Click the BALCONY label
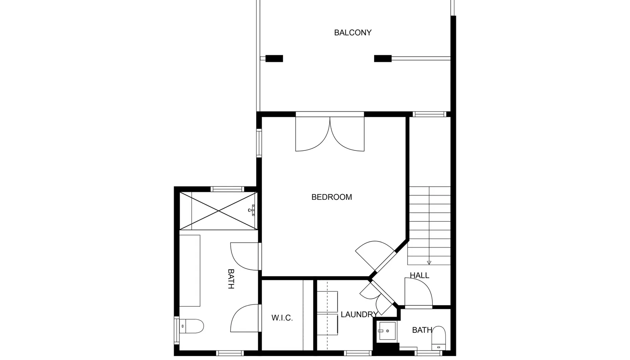pos(353,33)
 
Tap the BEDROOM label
pos(332,197)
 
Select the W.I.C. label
pos(282,318)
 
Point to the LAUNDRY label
pos(359,314)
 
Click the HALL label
pos(419,275)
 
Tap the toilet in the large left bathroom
pos(191,326)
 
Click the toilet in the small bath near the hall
pos(439,338)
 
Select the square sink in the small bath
pos(387,331)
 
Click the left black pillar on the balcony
pos(274,59)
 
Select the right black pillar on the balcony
pos(383,59)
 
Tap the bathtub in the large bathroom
pos(190,271)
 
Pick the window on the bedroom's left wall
pos(259,143)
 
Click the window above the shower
pos(227,189)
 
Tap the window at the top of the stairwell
pos(429,114)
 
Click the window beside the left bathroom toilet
pos(177,330)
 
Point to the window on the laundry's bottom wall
pos(358,353)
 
